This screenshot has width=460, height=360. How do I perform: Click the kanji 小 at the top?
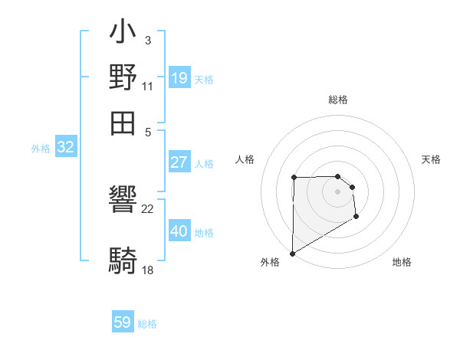[x=123, y=34]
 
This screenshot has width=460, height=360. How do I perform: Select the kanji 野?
[x=123, y=77]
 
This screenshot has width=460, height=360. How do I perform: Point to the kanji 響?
[x=123, y=201]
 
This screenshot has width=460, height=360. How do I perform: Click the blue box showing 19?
[x=179, y=77]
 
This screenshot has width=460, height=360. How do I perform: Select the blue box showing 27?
[x=179, y=162]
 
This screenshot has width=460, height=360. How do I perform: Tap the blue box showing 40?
[x=179, y=231]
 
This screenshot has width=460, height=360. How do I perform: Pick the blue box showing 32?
[x=65, y=147]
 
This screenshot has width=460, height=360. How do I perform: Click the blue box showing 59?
[x=123, y=322]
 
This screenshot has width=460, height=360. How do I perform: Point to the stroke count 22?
[x=148, y=208]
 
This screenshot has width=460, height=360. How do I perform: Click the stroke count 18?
[x=148, y=270]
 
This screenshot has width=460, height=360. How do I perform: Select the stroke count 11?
[x=148, y=86]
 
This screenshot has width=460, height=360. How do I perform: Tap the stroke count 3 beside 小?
[x=148, y=40]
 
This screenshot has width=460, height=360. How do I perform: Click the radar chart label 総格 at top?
[x=338, y=100]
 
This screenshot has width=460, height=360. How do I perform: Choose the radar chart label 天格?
[x=431, y=159]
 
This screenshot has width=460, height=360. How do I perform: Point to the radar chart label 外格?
[x=270, y=262]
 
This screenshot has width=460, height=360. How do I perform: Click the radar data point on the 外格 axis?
[x=292, y=253]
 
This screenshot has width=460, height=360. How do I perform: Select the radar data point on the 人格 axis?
[x=294, y=178]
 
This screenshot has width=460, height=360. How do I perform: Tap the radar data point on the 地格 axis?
[x=356, y=217]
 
